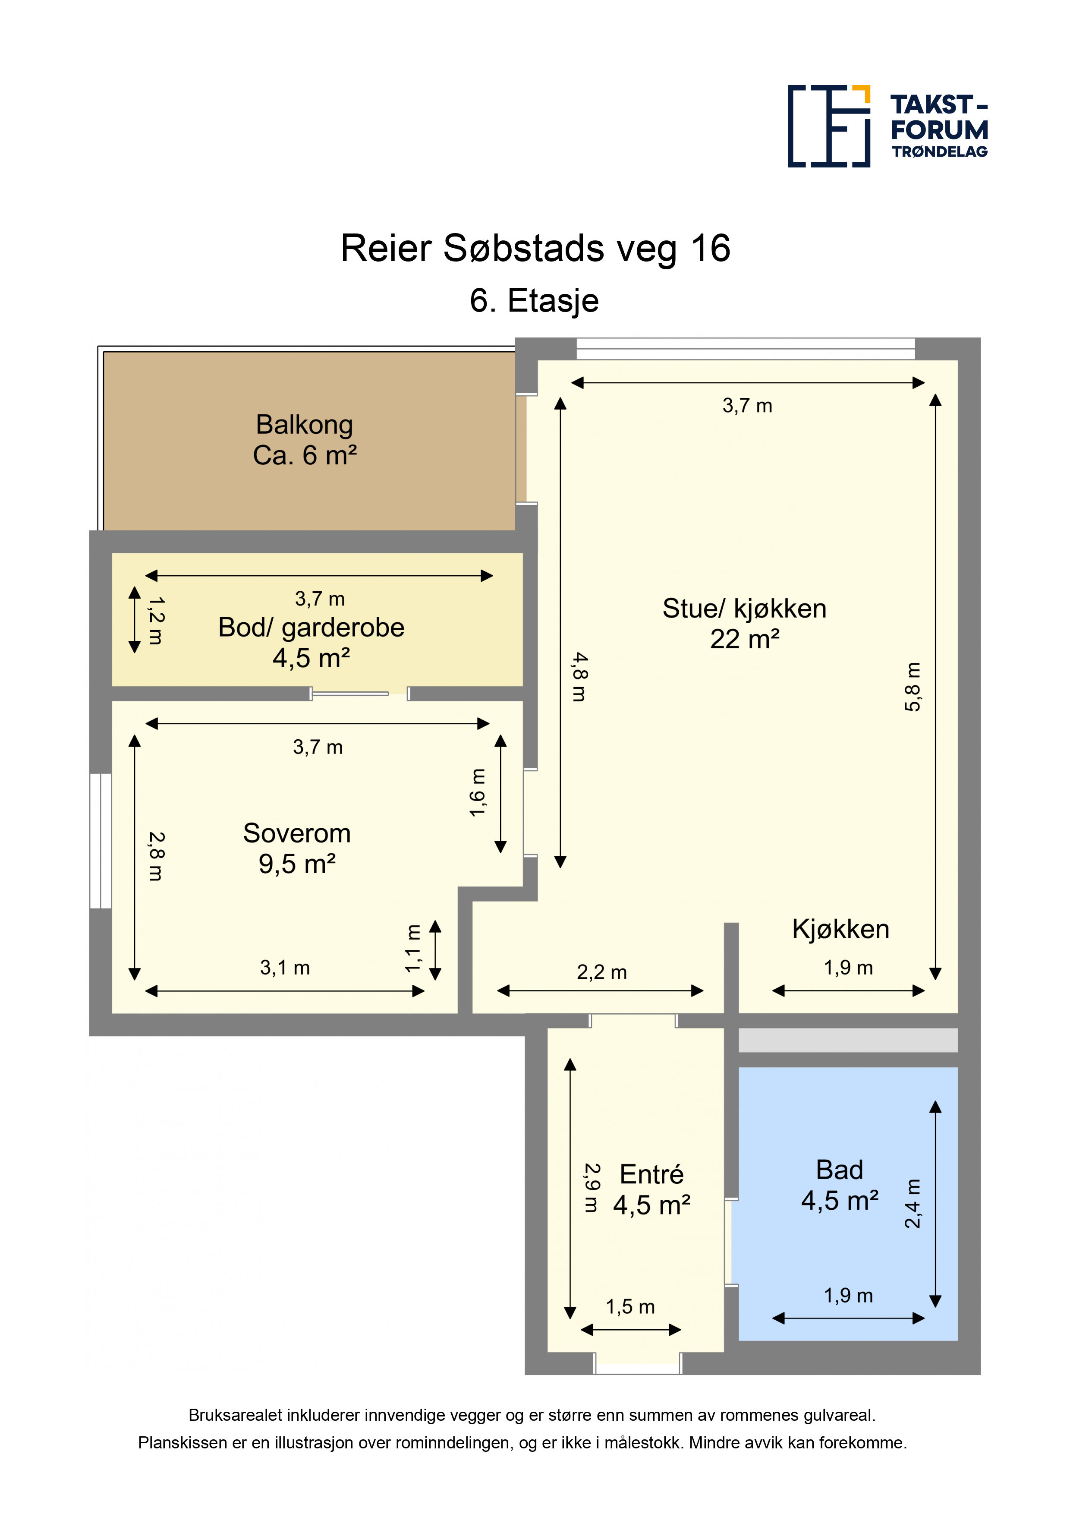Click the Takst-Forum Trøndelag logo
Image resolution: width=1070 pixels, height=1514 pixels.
[887, 126]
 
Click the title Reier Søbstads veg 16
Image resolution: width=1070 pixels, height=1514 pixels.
[535, 249]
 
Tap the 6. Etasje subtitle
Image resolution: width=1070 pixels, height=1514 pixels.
[534, 301]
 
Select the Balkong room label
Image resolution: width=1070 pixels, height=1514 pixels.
[305, 440]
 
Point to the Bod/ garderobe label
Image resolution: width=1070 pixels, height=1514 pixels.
[311, 642]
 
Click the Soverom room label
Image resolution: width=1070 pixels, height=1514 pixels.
[297, 848]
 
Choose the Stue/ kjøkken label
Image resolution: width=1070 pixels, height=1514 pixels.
[744, 623]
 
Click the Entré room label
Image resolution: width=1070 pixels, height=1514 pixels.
[651, 1189]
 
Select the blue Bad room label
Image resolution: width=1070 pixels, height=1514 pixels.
[839, 1185]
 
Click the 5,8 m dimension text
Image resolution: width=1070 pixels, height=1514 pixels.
[913, 687]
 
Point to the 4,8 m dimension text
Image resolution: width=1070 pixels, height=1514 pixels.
[579, 677]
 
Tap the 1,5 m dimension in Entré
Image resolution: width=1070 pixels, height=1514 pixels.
[630, 1306]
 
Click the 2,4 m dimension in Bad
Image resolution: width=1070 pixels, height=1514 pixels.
[913, 1203]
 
